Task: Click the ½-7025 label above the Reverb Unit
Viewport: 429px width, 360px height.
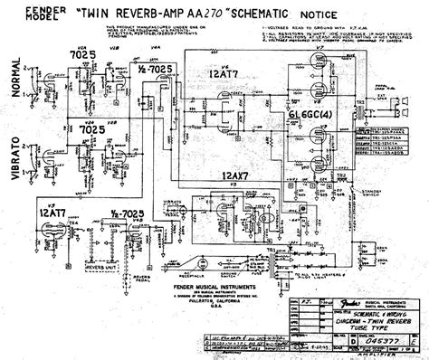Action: tap(124, 211)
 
